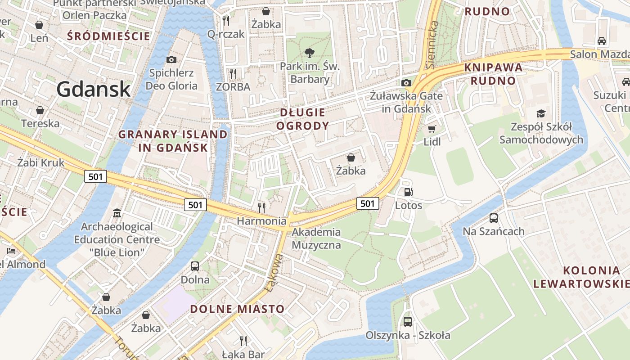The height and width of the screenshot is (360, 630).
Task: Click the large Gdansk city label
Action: tap(94, 89)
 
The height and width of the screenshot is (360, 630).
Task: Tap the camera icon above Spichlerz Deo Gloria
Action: tap(171, 59)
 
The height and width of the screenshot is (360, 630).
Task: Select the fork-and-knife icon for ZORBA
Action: tap(233, 73)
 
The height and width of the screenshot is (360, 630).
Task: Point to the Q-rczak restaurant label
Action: tap(226, 34)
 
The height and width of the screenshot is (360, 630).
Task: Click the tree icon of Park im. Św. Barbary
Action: tap(309, 53)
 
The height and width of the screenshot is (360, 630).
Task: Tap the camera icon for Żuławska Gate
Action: tap(406, 83)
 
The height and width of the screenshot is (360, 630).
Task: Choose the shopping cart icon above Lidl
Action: tap(432, 129)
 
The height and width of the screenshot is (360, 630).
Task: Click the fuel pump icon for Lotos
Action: tap(409, 192)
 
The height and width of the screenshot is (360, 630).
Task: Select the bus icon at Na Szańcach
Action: tap(494, 218)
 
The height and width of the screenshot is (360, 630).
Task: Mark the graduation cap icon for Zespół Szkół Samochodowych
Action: tap(541, 113)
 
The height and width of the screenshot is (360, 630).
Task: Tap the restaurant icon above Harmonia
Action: tap(261, 207)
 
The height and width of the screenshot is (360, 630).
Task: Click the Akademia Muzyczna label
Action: tap(316, 238)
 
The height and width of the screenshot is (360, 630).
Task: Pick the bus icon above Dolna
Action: tap(195, 266)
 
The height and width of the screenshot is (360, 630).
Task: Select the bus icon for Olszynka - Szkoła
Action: tap(408, 322)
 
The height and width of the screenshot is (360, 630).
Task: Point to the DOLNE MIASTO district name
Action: tap(237, 309)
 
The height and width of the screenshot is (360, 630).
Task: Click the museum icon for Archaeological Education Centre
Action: tap(117, 212)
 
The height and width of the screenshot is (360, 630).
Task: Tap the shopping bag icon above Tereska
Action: tap(40, 110)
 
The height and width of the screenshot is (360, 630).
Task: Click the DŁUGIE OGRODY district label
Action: tap(302, 119)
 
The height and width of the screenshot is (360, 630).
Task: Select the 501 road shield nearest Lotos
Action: tap(368, 203)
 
